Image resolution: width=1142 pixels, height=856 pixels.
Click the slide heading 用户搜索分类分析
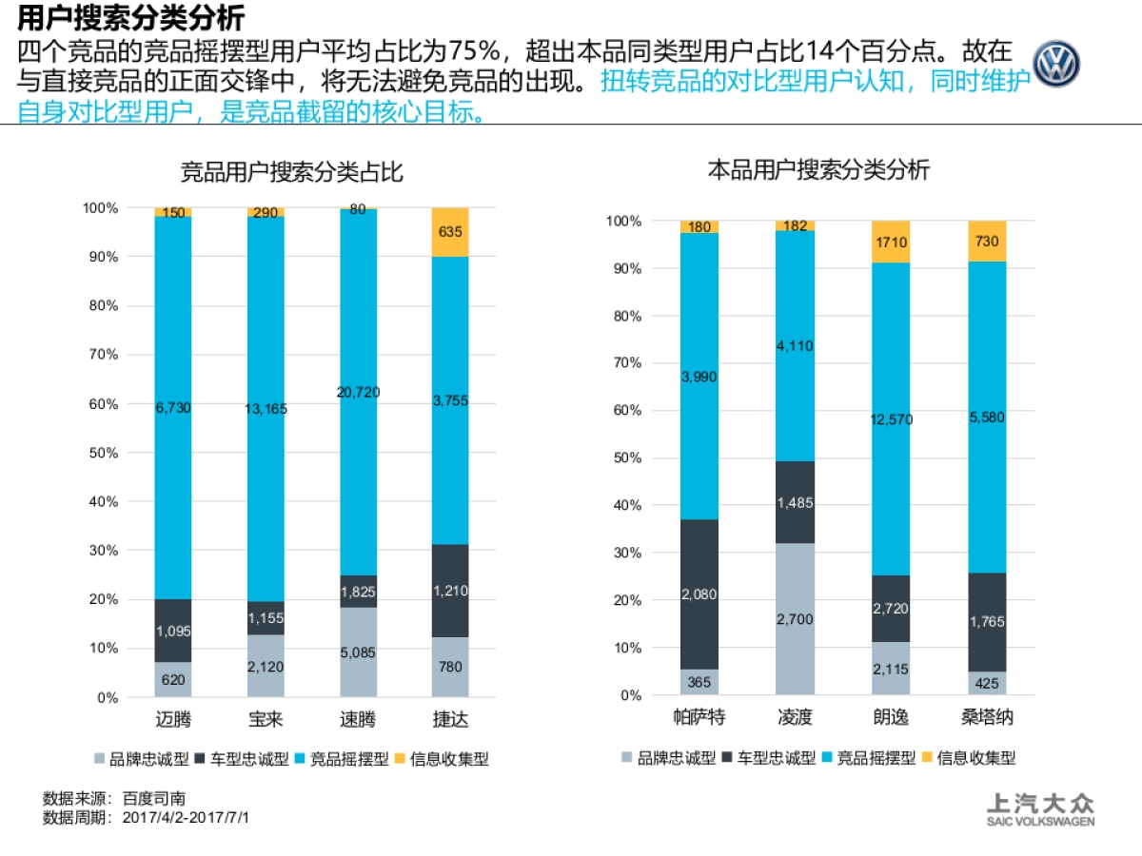pos(130,17)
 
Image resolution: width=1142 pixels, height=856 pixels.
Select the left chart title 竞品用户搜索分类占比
pos(292,173)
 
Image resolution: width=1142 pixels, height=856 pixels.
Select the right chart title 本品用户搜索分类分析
pos(818,170)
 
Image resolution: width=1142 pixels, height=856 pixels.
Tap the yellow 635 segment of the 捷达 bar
pos(450,232)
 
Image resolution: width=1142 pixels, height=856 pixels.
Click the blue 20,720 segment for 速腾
pos(358,392)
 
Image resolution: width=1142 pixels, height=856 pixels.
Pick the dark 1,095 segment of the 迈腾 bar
pos(172,631)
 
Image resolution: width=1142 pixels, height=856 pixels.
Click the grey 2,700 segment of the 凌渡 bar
pos(795,619)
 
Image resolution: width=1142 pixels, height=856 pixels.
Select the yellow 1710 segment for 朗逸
pos(891,242)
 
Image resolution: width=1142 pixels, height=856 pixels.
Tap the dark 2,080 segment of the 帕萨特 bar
pos(699,594)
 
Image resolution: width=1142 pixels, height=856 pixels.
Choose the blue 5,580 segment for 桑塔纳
pos(987,417)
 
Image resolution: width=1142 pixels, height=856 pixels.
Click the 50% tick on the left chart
pos(102,453)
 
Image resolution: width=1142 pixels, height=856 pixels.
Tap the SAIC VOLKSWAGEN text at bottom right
pos(1039,822)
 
